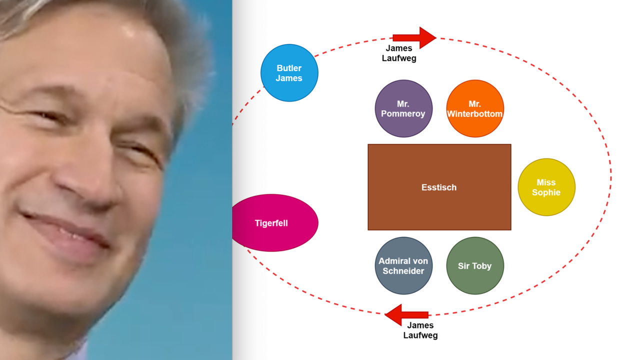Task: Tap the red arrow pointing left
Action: coord(406,314)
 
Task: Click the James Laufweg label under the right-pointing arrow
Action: coord(399,53)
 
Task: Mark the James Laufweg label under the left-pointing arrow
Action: coord(420,330)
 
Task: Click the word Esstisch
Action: coord(439,187)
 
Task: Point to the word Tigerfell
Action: coord(271,223)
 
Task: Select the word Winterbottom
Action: coord(474,114)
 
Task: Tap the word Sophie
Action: coord(546,192)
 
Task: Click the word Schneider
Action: coord(403,271)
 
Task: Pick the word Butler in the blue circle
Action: coord(289,68)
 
